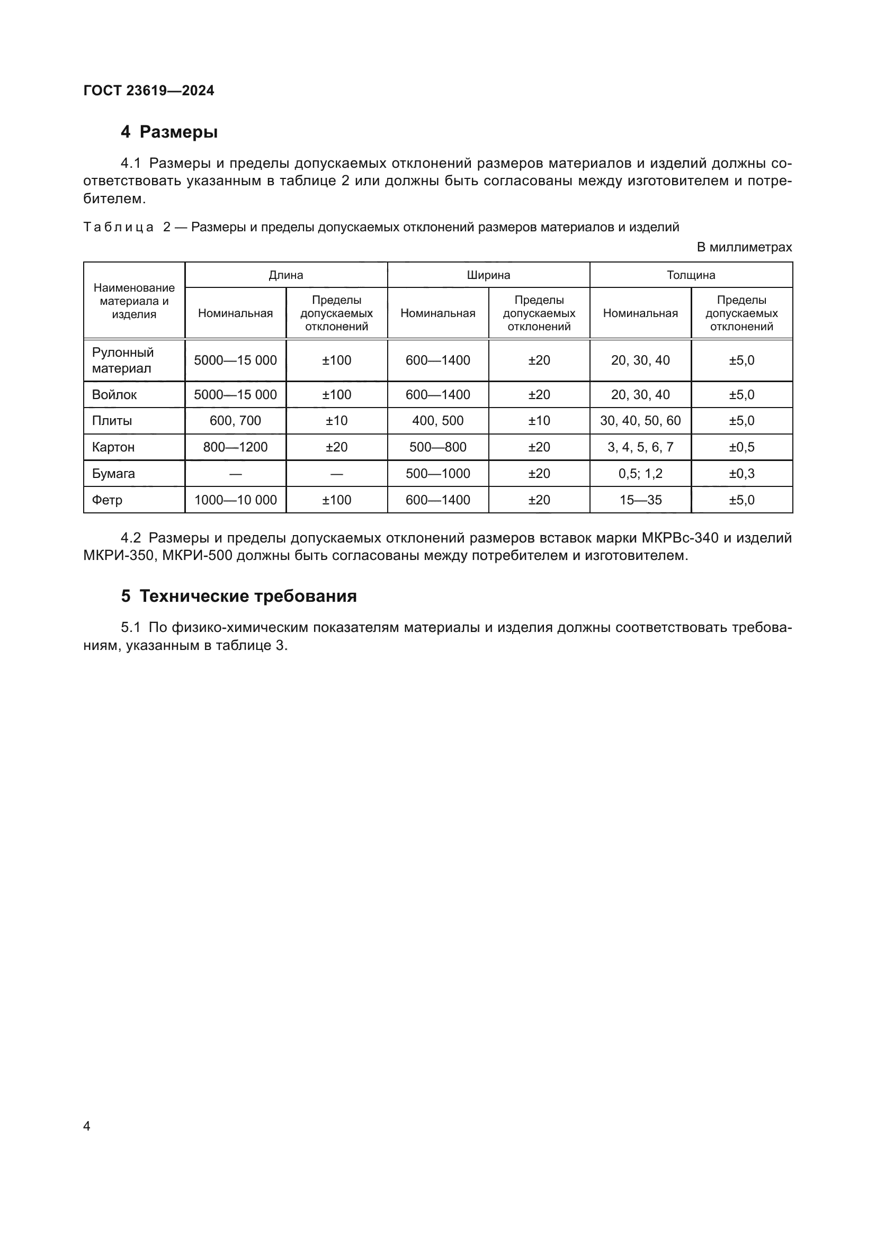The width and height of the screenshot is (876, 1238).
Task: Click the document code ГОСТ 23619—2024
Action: coord(149,91)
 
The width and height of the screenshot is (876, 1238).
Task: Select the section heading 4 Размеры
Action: coord(169,132)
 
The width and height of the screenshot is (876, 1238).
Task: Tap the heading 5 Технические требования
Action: coord(239,596)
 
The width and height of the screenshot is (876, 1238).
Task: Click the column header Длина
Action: coord(286,275)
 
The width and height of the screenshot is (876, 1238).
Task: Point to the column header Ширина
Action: coord(488,275)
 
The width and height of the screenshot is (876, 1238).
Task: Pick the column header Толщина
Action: coord(691,275)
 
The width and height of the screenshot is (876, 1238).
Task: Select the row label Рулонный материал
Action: coord(123,360)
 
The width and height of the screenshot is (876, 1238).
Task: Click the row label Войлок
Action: coord(114,395)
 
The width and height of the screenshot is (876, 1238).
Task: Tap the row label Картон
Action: coord(113,447)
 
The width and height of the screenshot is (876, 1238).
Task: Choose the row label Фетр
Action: coord(108,500)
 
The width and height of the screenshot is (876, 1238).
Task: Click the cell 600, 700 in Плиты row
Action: coord(235,421)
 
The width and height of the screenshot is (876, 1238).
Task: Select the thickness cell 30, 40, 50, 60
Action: coord(640,421)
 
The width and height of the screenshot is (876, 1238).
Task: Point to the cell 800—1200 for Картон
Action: coord(235,447)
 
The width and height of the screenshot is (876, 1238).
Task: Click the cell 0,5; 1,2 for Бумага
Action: coord(640,473)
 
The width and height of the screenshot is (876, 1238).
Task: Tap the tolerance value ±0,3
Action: coord(741,473)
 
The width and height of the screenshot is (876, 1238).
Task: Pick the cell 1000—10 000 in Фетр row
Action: coord(235,500)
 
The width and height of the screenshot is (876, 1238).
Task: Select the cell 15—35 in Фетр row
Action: coord(640,500)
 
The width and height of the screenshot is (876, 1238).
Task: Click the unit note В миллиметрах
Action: coord(744,248)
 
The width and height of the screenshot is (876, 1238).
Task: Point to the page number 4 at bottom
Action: coord(87,1126)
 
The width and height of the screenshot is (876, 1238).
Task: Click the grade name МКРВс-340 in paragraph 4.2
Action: coord(680,538)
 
